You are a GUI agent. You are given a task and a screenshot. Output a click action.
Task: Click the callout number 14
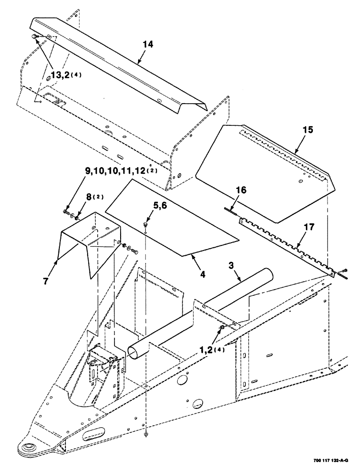[148, 45]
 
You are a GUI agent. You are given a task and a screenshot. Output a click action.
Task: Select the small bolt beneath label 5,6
[146, 225]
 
